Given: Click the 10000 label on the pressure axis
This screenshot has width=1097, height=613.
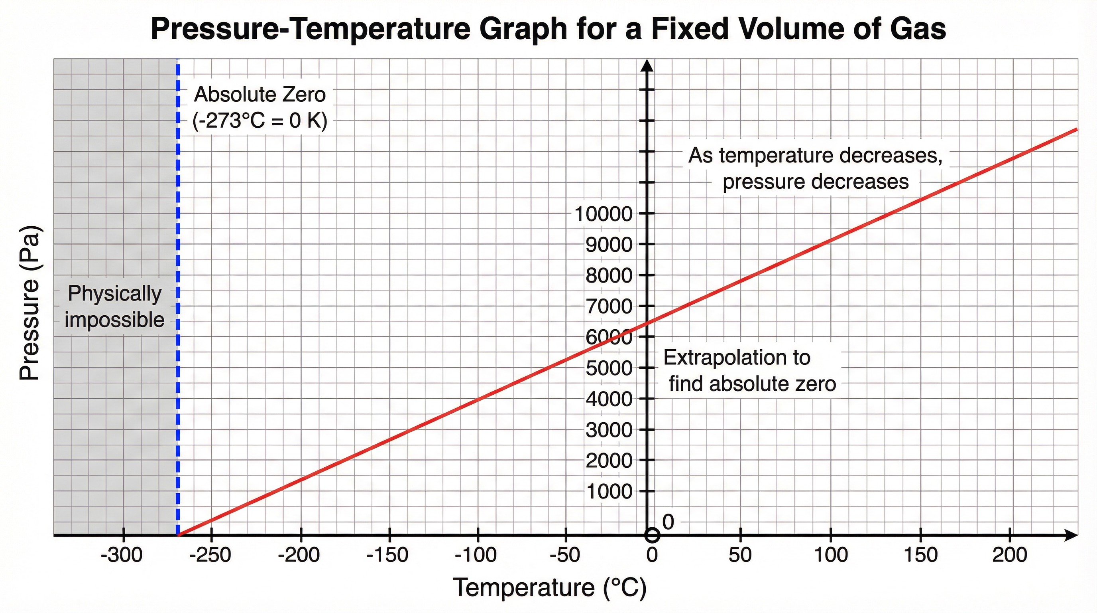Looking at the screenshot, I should coord(604,214).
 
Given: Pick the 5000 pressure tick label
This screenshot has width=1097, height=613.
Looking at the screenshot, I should coord(609,368).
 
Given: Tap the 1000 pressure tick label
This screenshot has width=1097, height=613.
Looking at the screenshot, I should coord(609,492).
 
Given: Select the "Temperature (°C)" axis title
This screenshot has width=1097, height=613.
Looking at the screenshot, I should coord(549,587).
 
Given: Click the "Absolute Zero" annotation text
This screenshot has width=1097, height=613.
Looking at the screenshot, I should coord(260,95).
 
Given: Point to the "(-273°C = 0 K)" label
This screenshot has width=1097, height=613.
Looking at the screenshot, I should coord(260,121).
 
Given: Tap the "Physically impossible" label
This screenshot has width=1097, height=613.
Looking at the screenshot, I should coord(114,306).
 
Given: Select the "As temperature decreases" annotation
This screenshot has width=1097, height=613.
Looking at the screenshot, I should coord(815,156).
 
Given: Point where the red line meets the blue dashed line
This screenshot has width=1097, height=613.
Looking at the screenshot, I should coord(179,534).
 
